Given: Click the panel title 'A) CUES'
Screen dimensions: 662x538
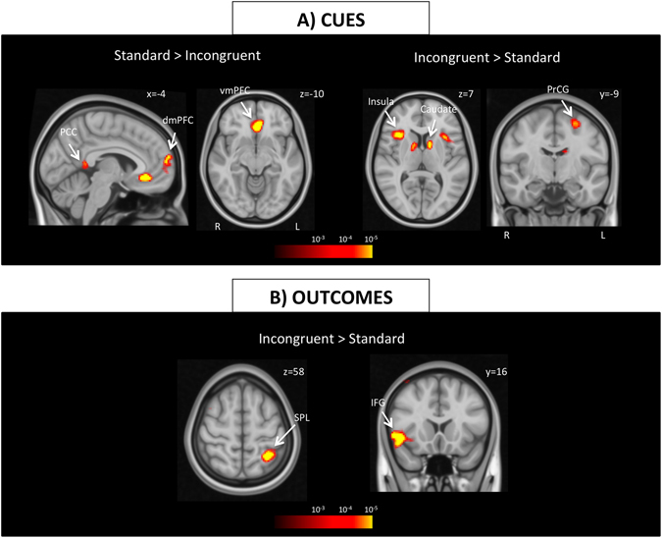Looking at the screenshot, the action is coord(331,17).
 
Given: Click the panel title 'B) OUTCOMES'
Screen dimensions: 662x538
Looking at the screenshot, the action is coord(331,295).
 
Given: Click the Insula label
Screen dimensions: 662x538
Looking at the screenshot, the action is coord(381,101).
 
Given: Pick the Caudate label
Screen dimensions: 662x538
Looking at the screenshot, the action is coord(439,109).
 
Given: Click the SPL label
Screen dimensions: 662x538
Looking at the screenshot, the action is coord(303,417).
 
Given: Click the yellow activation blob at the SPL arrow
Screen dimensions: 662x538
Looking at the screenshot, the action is coord(272,456).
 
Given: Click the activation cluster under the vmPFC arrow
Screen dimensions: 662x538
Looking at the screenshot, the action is coord(258,126).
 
